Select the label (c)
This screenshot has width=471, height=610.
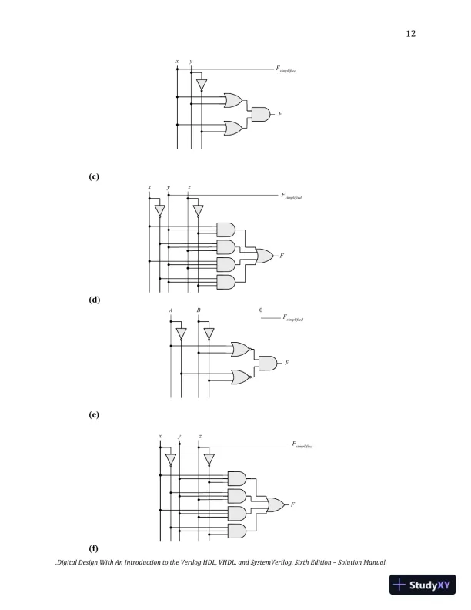click(x=93, y=176)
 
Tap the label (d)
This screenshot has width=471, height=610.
click(x=93, y=297)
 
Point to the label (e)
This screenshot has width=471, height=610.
click(x=93, y=414)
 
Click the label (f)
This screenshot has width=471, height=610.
click(x=93, y=548)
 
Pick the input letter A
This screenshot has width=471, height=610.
click(x=171, y=310)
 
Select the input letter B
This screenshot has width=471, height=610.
click(x=199, y=310)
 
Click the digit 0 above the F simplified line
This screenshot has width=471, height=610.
click(x=261, y=310)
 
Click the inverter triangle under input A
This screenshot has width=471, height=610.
click(x=180, y=334)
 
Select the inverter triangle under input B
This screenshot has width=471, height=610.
click(x=208, y=334)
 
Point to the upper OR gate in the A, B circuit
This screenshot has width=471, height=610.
click(x=239, y=350)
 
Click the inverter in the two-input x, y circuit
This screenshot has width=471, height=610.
click(x=201, y=84)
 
